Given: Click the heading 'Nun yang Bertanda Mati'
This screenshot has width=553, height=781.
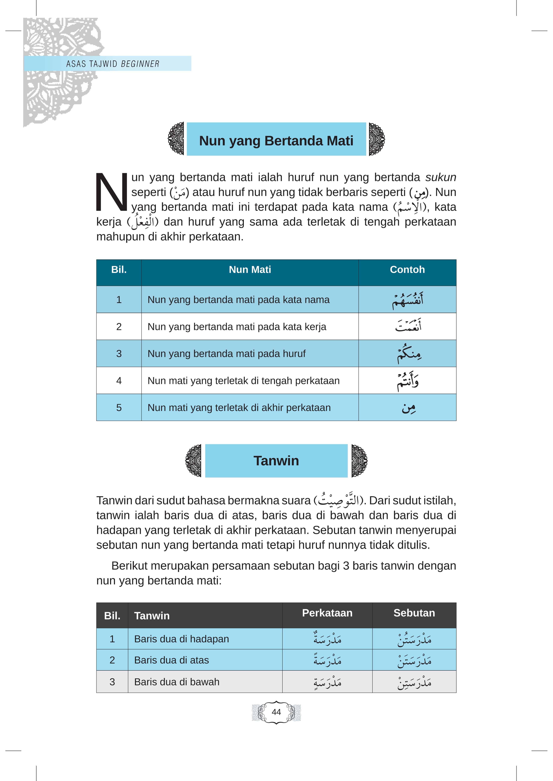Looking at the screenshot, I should click(276, 141).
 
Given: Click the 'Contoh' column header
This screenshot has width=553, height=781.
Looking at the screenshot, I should click(407, 269).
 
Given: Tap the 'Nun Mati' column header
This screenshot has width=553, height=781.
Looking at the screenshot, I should click(250, 269).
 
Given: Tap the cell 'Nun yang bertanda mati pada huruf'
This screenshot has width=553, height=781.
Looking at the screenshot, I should click(226, 354).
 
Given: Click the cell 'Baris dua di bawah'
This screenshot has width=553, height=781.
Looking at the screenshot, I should click(177, 682).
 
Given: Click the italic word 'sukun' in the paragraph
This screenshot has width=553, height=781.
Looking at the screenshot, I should click(441, 177).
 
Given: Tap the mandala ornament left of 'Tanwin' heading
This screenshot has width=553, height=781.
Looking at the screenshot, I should click(193, 460).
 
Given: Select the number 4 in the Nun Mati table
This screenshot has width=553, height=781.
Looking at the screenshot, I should click(119, 381).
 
